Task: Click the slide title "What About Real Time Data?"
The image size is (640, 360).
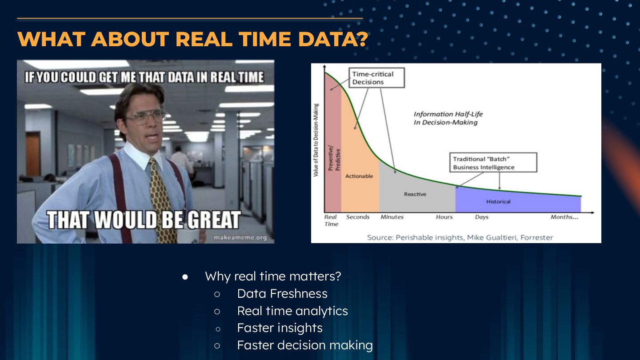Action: (192, 39)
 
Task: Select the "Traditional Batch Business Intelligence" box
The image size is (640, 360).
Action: (493, 163)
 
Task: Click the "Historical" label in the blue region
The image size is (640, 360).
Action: (498, 202)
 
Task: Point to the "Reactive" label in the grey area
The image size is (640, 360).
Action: (415, 194)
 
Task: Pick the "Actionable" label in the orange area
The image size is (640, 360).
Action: (359, 176)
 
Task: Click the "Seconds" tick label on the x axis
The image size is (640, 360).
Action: (358, 217)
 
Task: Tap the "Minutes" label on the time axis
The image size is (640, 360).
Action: (392, 217)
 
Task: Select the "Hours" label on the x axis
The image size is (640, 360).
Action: (444, 217)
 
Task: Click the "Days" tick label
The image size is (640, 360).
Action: (482, 217)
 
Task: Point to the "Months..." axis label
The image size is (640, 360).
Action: (564, 217)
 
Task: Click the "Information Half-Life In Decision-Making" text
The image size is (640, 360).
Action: (448, 118)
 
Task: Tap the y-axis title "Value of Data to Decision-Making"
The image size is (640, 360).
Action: (316, 140)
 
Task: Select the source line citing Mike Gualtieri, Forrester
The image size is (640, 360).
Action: (460, 238)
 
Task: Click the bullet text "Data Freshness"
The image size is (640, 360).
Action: (282, 294)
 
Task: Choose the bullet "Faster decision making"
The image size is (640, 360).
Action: (305, 345)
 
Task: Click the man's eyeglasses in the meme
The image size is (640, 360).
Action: (145, 116)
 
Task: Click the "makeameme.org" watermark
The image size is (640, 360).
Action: (240, 238)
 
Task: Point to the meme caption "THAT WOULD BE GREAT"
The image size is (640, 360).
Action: (144, 220)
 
